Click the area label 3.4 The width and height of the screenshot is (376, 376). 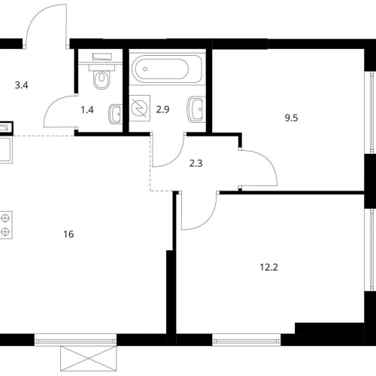point(21,86)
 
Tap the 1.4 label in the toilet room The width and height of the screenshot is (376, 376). point(87,110)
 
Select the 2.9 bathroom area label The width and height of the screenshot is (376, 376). point(163,109)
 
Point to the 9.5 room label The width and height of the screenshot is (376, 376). point(291,118)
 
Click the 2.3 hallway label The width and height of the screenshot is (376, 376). point(196,164)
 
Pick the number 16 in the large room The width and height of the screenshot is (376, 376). point(68,234)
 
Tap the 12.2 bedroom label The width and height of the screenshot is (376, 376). point(269,267)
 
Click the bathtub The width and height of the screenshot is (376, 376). point(165,69)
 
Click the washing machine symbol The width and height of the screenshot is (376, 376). point(140,108)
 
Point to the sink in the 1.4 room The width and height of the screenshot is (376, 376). point(116,114)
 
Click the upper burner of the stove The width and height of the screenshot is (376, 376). point(5,218)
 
